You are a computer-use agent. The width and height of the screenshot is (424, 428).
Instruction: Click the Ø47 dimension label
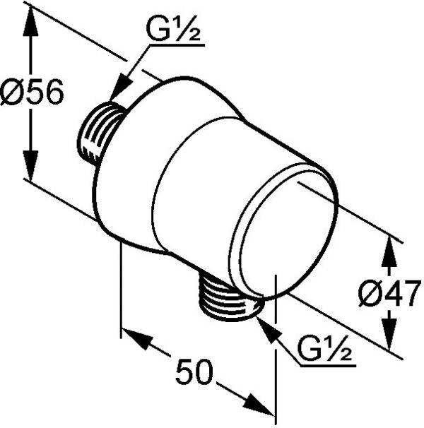pyautogui.click(x=389, y=293)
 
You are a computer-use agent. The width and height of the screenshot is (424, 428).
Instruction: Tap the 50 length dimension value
pyautogui.click(x=194, y=371)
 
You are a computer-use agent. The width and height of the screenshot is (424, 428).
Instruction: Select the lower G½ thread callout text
pyautogui.click(x=325, y=349)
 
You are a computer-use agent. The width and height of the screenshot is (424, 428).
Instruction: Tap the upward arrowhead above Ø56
pyautogui.click(x=30, y=23)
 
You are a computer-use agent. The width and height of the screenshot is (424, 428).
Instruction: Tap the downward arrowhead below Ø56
pyautogui.click(x=30, y=165)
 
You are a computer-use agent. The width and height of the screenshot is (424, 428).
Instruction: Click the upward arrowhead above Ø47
pyautogui.click(x=389, y=252)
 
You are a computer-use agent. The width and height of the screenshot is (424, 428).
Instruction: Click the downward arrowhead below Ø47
pyautogui.click(x=389, y=334)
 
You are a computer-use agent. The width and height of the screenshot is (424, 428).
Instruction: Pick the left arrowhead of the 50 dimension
pyautogui.click(x=136, y=338)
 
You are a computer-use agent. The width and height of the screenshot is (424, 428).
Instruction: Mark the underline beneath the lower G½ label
pyautogui.click(x=328, y=365)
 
